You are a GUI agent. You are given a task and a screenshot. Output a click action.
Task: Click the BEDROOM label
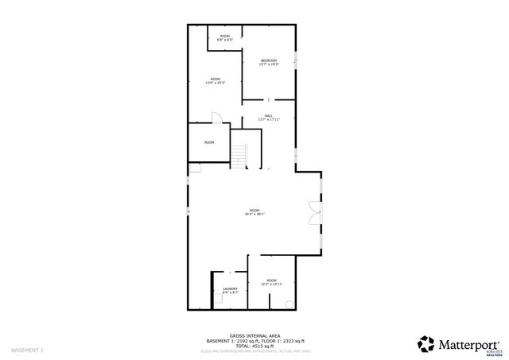point(268,60)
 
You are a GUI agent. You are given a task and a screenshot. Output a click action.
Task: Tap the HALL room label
point(268,115)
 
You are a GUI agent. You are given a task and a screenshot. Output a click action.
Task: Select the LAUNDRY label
point(230,288)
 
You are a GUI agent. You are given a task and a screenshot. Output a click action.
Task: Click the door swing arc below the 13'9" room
point(216,118)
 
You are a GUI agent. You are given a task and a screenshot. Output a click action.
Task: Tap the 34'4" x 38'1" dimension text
point(254,214)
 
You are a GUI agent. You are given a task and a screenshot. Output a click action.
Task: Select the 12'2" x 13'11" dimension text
point(272,284)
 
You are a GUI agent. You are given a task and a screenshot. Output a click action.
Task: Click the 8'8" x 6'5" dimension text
point(225,40)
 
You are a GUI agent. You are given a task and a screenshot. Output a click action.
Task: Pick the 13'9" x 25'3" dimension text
point(215,82)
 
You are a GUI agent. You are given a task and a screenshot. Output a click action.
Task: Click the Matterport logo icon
point(425,343)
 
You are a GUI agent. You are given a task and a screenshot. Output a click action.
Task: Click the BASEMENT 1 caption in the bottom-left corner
point(27,350)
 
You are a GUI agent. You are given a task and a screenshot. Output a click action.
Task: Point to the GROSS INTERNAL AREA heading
point(254,335)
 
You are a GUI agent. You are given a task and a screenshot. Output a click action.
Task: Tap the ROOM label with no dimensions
point(209,142)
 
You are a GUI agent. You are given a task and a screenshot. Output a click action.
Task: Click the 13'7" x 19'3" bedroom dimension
point(268,64)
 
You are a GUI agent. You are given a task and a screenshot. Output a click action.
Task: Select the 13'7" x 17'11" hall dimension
point(268,119)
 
